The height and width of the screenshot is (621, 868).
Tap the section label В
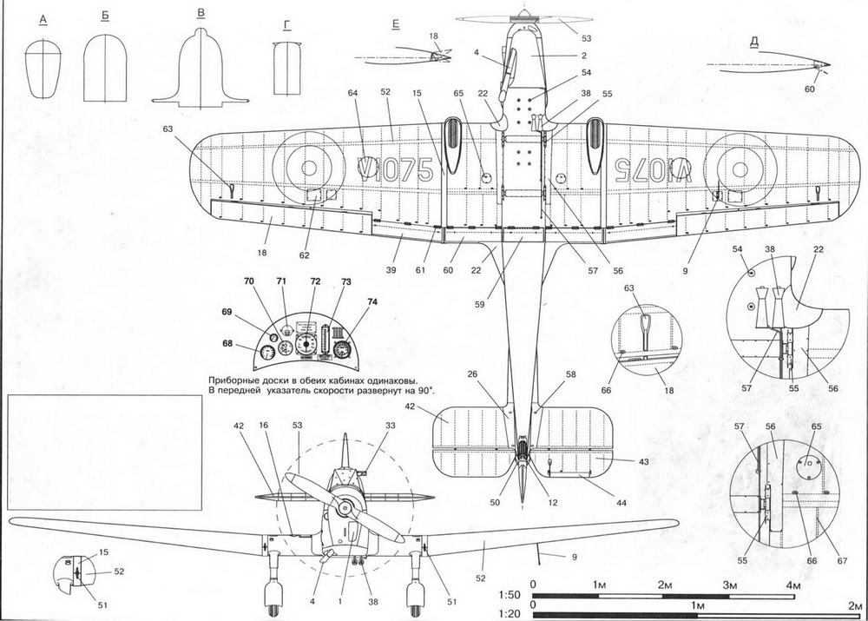pos(201,15)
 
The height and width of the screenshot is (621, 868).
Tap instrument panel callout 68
pos(227,344)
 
